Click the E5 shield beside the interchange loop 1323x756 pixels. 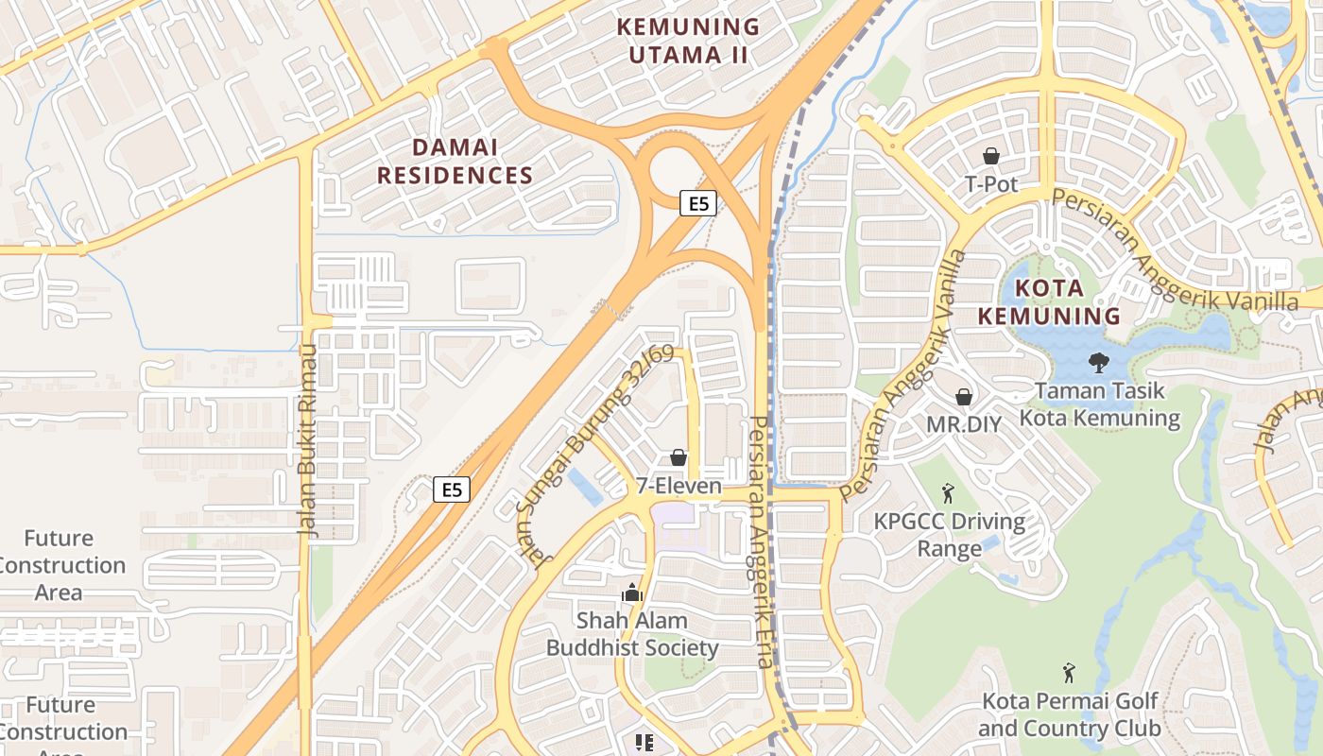click(697, 202)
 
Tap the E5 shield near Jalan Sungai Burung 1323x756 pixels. click(452, 489)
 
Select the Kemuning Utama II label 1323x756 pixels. click(688, 41)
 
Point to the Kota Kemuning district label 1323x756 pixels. click(1049, 301)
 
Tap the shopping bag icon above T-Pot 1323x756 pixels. click(991, 156)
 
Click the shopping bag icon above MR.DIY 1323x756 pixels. click(963, 397)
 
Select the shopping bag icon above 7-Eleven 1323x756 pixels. click(679, 458)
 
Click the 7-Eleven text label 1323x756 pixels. click(679, 487)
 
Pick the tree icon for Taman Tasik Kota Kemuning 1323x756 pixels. click(1098, 362)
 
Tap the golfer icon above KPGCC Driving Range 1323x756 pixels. click(949, 492)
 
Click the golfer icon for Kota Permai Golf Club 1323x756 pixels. click(1069, 673)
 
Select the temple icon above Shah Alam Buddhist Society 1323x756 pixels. click(632, 593)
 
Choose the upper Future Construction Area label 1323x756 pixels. click(60, 565)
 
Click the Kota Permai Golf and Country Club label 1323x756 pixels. click(1069, 715)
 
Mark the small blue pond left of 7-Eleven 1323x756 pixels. click(586, 487)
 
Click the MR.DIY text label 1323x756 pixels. click(963, 424)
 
